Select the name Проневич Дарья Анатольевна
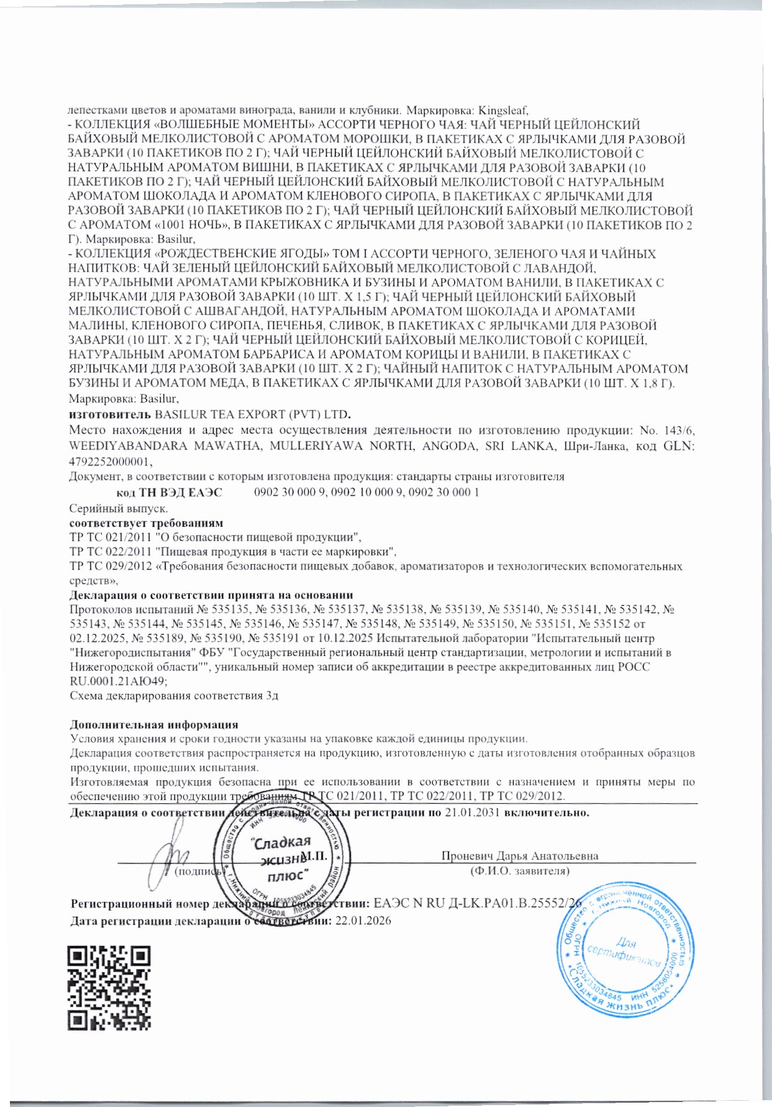tap(519, 855)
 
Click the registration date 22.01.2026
tap(363, 921)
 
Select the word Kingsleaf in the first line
tap(503, 111)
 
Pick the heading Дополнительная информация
tap(153, 724)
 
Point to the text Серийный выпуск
tap(109, 508)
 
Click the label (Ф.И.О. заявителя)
tap(519, 871)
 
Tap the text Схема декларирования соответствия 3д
tap(174, 695)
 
